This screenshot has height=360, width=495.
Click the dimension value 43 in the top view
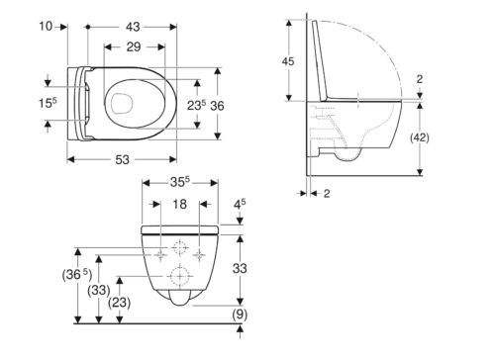pos(133,27)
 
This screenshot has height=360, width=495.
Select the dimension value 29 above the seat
pos(134,47)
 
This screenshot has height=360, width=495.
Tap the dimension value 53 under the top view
pos(122,160)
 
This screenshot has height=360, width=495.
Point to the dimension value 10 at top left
pos(46,26)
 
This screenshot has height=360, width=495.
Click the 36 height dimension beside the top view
pos(217,106)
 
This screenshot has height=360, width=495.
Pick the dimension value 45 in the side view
pos(288,61)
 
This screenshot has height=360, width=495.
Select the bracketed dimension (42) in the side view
pos(420,137)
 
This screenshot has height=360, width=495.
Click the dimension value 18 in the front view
pos(179,205)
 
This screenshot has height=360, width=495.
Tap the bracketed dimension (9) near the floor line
pos(240,315)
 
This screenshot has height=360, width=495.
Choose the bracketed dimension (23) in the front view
pos(120,303)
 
